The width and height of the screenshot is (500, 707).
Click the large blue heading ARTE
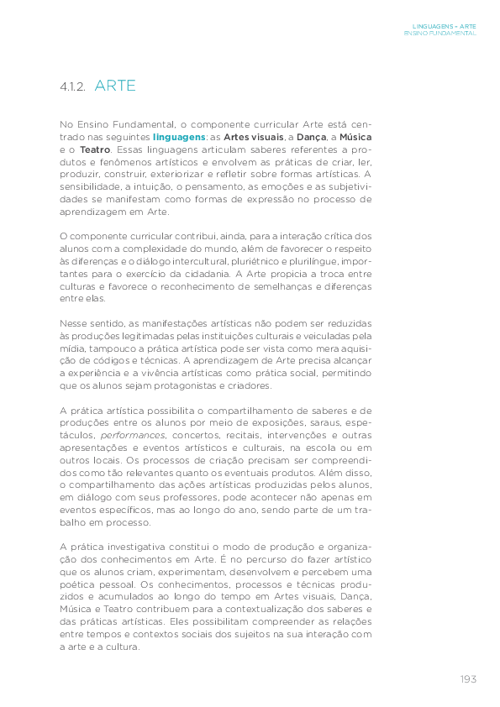coord(115,86)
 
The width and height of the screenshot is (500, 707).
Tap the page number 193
coord(468,678)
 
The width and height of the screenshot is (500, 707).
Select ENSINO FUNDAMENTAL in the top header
coord(439,34)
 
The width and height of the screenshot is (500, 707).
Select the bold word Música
coord(355,136)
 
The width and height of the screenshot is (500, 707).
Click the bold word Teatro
coord(95,149)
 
